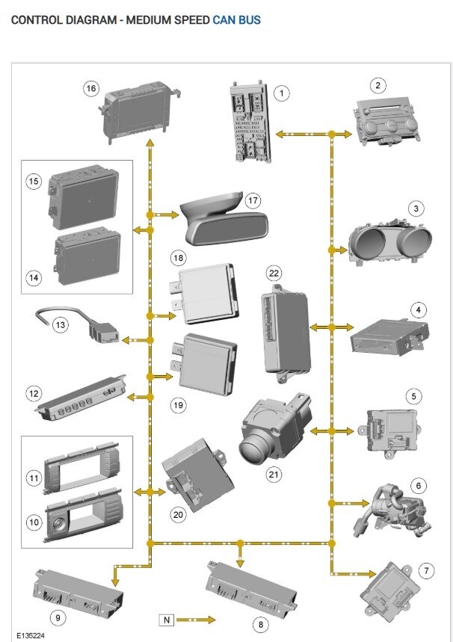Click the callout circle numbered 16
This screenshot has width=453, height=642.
(91, 89)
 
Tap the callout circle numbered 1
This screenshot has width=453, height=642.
(281, 93)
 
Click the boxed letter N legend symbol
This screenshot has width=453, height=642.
(167, 620)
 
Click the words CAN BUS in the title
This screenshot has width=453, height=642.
(236, 20)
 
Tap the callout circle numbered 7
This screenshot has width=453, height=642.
(426, 572)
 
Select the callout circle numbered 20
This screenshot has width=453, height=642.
(177, 514)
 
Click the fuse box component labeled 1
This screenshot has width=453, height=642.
(249, 120)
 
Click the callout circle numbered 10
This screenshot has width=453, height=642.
(34, 523)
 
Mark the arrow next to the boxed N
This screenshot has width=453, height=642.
(197, 620)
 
